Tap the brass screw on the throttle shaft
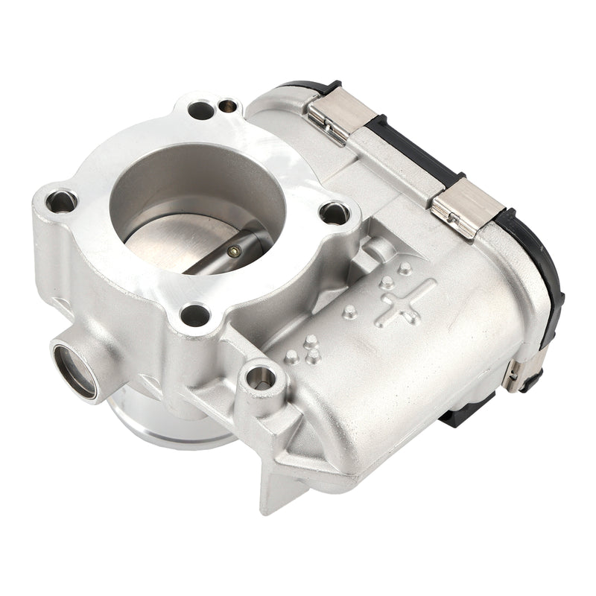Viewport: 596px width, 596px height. point(234,251)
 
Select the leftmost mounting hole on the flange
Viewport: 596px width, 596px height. point(60,200)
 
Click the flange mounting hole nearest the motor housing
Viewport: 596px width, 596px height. point(335,213)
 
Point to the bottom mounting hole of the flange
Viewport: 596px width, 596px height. point(196,314)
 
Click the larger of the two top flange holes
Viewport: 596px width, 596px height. point(200,110)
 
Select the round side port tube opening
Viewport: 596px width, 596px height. point(74,368)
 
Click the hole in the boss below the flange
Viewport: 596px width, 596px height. point(260,378)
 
